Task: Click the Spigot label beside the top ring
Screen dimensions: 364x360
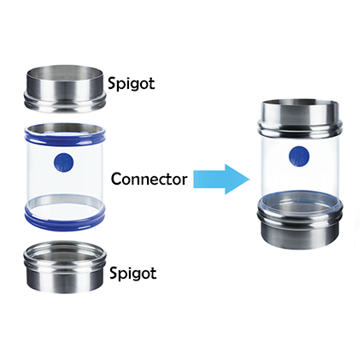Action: (131, 84)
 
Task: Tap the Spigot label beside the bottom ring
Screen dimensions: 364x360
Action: (133, 274)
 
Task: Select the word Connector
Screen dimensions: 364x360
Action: (149, 179)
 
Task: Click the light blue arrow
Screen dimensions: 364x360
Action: (221, 180)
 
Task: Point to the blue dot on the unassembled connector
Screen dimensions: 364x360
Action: (63, 162)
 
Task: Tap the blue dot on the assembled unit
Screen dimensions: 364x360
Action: (299, 156)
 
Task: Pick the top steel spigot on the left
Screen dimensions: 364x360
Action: (65, 89)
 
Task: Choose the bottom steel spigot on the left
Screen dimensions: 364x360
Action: (65, 267)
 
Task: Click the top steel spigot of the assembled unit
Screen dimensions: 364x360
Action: (300, 117)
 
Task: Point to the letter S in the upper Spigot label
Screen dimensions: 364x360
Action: (112, 83)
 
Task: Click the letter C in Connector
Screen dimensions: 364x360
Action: (115, 180)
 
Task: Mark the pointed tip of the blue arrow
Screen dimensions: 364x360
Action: (250, 180)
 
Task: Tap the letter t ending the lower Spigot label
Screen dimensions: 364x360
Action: (154, 274)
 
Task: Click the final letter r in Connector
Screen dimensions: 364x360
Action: (185, 180)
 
